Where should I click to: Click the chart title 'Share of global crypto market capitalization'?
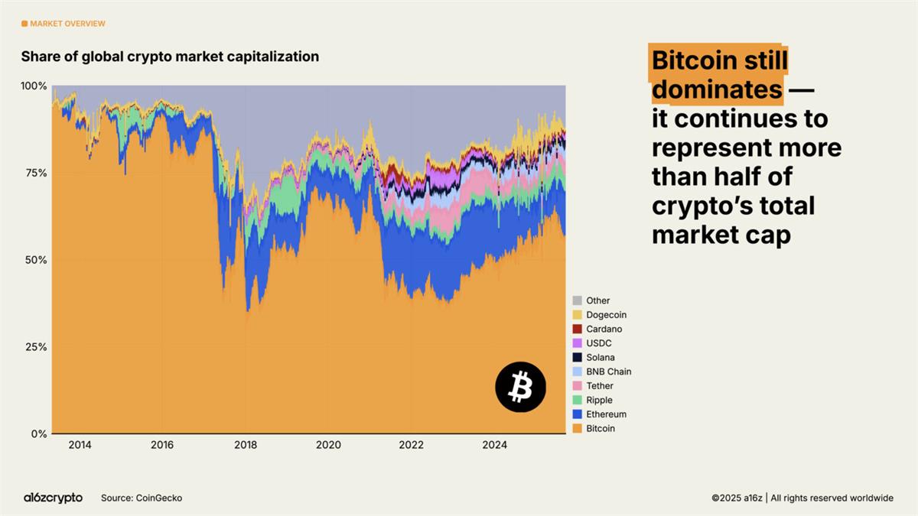click(170, 57)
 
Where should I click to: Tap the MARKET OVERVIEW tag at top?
click(63, 24)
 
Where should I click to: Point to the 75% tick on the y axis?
click(34, 173)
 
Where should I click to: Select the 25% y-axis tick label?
click(34, 347)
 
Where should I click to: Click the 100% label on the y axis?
click(33, 86)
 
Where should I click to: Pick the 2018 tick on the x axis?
click(245, 445)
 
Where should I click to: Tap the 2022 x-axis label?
click(412, 445)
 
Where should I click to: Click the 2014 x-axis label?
click(80, 445)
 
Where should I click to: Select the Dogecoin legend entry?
click(606, 315)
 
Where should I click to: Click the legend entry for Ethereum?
click(606, 414)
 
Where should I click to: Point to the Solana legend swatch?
click(578, 358)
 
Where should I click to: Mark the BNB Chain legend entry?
click(608, 372)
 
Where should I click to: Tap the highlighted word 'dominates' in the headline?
click(717, 90)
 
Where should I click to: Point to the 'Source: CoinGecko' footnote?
click(142, 498)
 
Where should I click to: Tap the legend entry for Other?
click(597, 300)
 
